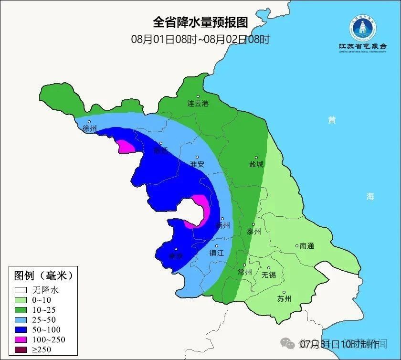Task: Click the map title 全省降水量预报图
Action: (200, 22)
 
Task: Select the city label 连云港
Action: (198, 103)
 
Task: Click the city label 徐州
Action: (89, 128)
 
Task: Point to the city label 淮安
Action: (197, 164)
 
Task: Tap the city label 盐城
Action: (256, 164)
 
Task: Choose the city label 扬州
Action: (222, 225)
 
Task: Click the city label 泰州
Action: (253, 232)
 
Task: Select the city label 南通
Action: (307, 246)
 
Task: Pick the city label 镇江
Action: (217, 253)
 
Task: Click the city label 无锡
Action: (269, 275)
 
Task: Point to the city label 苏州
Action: (284, 299)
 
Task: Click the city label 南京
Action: (176, 256)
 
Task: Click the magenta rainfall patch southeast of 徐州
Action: (125, 146)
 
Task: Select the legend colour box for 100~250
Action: (21, 340)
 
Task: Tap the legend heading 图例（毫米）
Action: (43, 275)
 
